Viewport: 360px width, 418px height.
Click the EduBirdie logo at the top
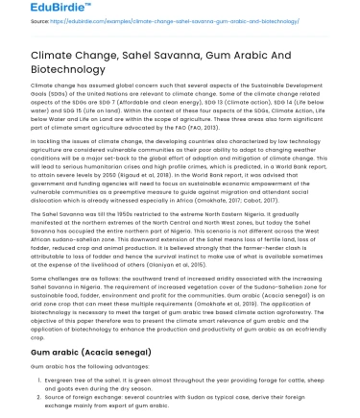[x=38, y=11]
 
